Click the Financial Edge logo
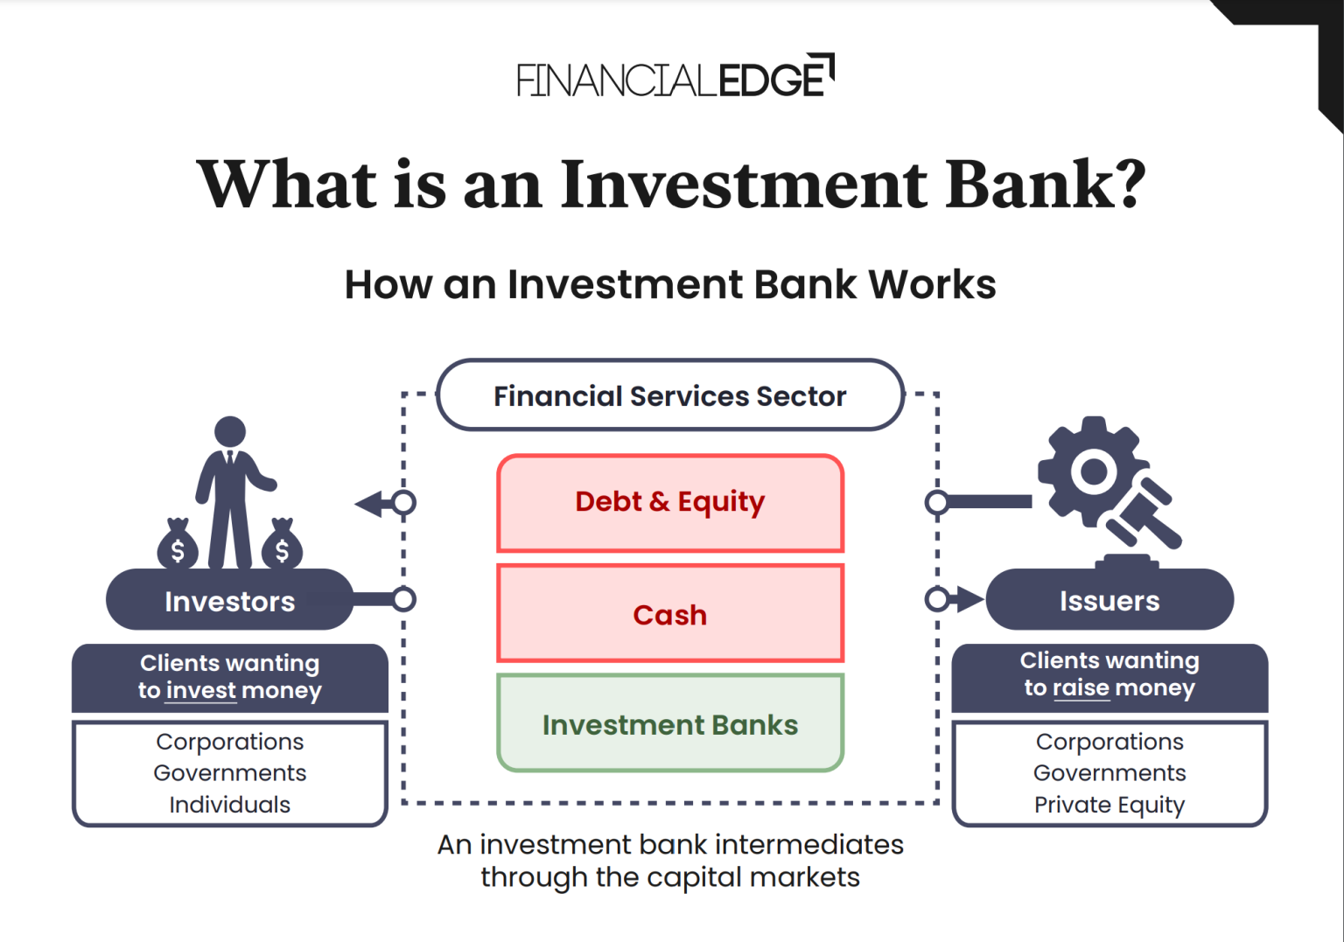(674, 77)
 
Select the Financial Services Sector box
(670, 396)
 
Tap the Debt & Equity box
(670, 503)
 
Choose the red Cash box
(670, 614)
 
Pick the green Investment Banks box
(670, 724)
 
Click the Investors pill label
(229, 601)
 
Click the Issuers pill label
(1109, 601)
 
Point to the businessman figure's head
(230, 431)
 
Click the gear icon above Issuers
(1090, 471)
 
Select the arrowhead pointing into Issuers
(969, 600)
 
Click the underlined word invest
(201, 691)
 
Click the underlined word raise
(1081, 688)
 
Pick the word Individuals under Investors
(229, 805)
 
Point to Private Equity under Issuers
(1109, 805)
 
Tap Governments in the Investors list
(229, 773)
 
